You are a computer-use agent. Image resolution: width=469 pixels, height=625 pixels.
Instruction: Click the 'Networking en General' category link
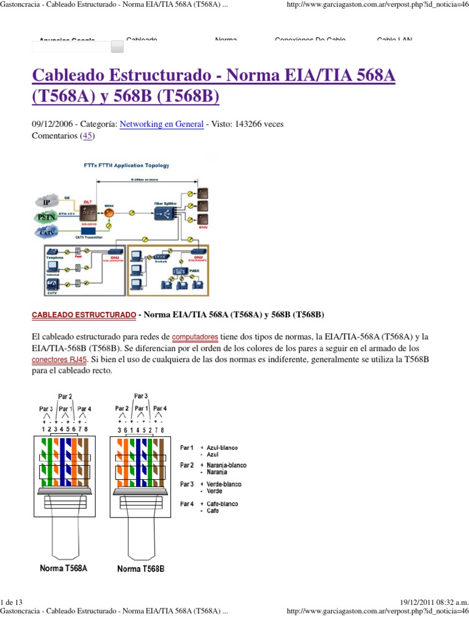point(161,124)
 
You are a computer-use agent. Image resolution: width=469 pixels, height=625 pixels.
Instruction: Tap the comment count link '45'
point(88,135)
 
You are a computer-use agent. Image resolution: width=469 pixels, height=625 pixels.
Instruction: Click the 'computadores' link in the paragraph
point(195,337)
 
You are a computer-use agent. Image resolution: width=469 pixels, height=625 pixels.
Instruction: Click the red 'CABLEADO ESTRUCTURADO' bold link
point(83,315)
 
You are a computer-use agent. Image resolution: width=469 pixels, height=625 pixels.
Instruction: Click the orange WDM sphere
point(109,214)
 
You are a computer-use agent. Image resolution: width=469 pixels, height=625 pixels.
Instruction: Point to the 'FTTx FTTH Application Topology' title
point(126,165)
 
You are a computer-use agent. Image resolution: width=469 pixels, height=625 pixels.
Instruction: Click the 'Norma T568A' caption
point(64,568)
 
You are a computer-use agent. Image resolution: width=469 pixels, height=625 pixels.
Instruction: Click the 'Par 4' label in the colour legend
point(187,504)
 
